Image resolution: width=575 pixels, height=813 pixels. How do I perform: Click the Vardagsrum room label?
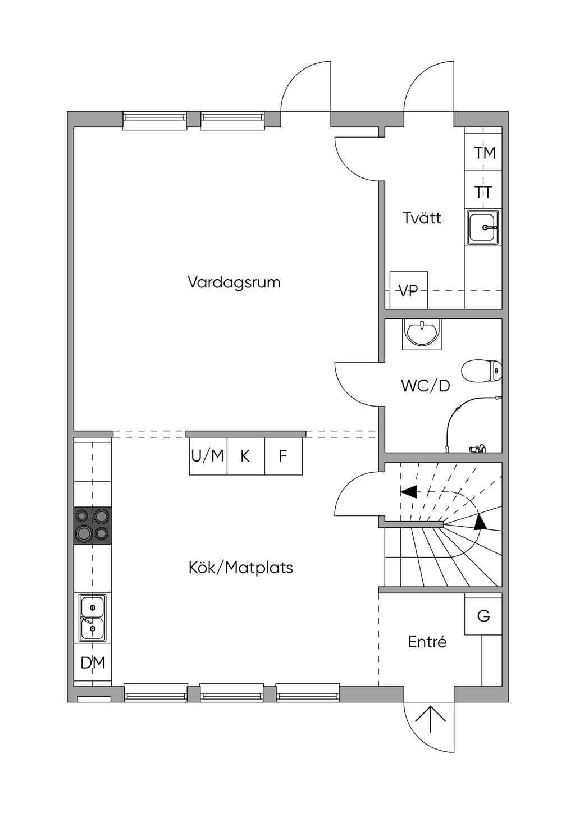[x=234, y=282]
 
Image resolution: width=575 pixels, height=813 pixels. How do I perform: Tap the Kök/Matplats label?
[x=240, y=568]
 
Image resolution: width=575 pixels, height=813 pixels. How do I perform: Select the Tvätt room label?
[x=422, y=218]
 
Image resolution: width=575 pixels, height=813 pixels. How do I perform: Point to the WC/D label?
[x=425, y=386]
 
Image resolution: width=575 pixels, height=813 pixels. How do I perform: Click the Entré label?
[x=427, y=642]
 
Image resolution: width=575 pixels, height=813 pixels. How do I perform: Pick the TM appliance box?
[x=484, y=153]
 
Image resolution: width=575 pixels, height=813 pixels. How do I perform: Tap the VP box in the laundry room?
[x=408, y=290]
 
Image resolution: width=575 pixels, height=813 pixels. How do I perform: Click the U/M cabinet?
[x=208, y=456]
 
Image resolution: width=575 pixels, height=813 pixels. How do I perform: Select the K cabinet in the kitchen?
[x=245, y=456]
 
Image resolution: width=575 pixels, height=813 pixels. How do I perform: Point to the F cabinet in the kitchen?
[x=283, y=456]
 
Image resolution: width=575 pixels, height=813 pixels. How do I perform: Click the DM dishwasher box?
[x=93, y=663]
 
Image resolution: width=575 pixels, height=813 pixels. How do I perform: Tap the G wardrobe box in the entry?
[x=483, y=616]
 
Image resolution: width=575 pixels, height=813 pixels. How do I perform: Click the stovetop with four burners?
[x=93, y=526]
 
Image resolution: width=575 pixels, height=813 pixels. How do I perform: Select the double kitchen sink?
[x=93, y=618]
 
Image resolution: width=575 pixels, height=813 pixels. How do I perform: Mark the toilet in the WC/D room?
[x=481, y=371]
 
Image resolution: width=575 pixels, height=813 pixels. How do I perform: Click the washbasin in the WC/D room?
[x=422, y=334]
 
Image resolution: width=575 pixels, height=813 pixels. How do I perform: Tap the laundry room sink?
[x=482, y=227]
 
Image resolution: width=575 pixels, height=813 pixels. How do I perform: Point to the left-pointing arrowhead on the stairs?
[x=409, y=492]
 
